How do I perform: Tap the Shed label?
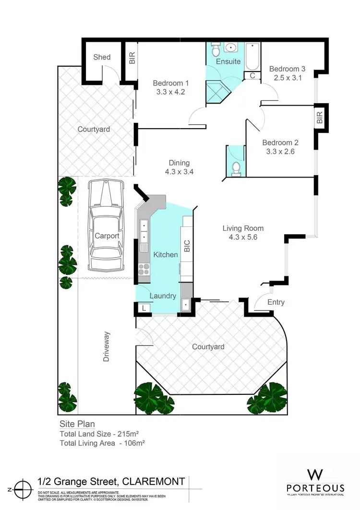pos(101,57)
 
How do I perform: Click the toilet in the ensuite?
pos(216,50)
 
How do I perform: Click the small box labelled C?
pos(252,75)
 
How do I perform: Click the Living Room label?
pos(243,228)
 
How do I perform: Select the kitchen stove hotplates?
pos(144,269)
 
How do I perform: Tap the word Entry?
pos(276,302)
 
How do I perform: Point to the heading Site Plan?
pos(77,424)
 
